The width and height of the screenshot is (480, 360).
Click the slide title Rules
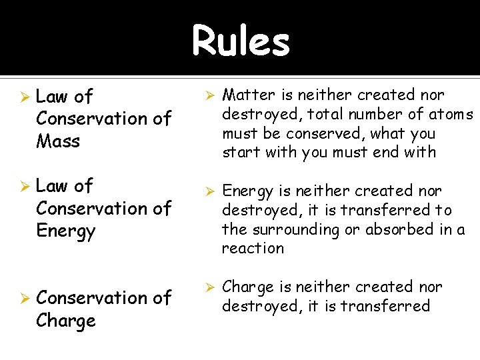(241, 41)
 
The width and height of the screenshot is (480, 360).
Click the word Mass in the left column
(59, 141)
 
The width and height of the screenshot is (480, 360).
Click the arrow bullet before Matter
(208, 95)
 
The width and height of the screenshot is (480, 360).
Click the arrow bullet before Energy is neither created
(208, 191)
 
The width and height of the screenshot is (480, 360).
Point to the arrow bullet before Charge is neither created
(208, 287)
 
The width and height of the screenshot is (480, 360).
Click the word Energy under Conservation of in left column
(66, 231)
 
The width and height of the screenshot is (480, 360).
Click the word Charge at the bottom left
(66, 321)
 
